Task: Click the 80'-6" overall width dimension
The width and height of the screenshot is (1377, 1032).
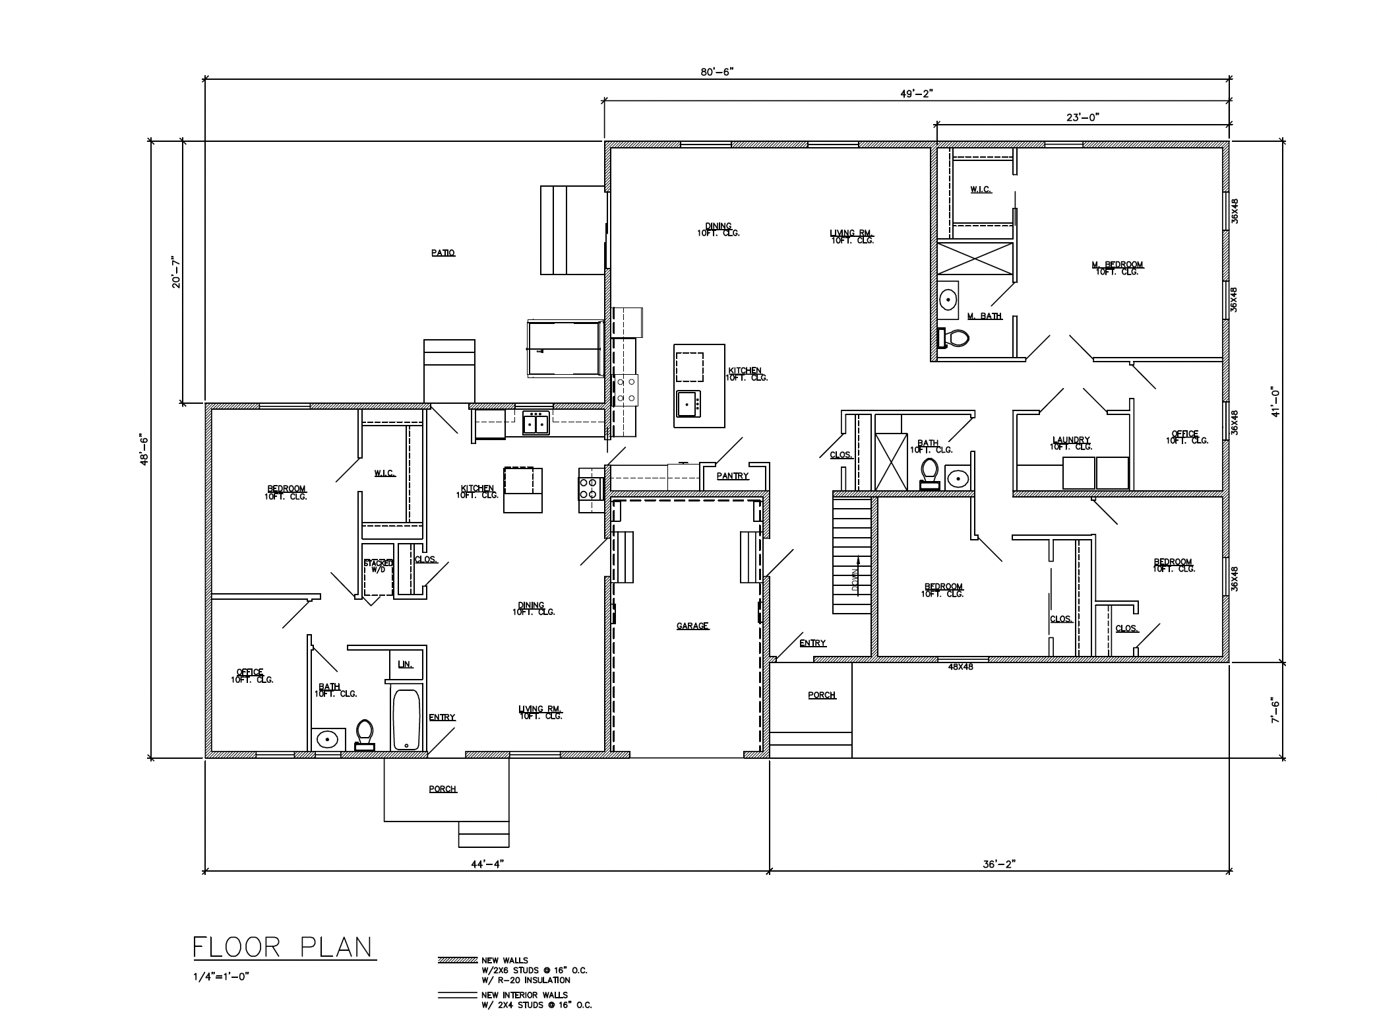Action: (717, 72)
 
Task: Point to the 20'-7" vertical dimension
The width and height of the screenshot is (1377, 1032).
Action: (175, 272)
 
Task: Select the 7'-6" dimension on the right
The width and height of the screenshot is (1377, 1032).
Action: (1275, 711)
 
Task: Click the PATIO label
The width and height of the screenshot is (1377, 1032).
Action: (443, 253)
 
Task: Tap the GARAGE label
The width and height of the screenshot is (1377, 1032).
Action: (692, 626)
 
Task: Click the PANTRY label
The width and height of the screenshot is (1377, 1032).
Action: (733, 476)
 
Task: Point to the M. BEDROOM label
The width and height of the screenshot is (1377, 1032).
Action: (1117, 267)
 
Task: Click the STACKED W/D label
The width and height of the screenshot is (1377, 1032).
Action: (379, 566)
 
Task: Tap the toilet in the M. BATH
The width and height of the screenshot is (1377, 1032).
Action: (954, 339)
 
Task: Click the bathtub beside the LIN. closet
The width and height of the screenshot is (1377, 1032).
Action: (406, 719)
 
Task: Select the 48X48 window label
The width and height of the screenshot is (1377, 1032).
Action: (960, 667)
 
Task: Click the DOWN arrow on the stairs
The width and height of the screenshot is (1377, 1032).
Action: (855, 579)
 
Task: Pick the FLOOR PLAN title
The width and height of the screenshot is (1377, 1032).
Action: (283, 948)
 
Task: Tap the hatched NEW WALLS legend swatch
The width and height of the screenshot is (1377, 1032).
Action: (457, 960)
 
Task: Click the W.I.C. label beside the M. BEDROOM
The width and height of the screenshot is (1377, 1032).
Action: (981, 190)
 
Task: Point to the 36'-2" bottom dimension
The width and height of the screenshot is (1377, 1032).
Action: (1000, 864)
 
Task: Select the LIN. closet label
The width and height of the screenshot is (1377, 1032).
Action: (405, 664)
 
